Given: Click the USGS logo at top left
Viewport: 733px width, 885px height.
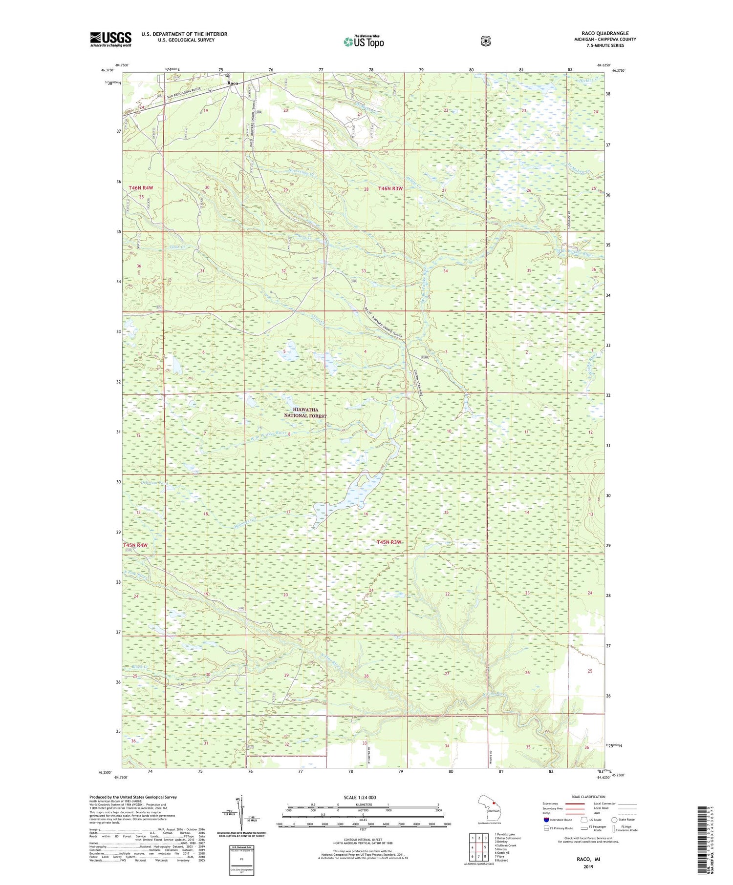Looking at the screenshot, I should pyautogui.click(x=110, y=39).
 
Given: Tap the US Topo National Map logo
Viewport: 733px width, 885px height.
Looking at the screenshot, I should pyautogui.click(x=364, y=41).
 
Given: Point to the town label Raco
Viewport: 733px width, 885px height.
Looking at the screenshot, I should pyautogui.click(x=233, y=83).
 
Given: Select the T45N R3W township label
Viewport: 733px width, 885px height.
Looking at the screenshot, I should pyautogui.click(x=389, y=542).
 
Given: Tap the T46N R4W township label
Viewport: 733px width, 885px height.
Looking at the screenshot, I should pyautogui.click(x=141, y=188).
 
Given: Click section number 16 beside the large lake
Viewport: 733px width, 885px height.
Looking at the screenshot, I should pyautogui.click(x=366, y=514).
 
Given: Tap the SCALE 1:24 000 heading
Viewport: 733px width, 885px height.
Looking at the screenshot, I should pyautogui.click(x=363, y=797).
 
